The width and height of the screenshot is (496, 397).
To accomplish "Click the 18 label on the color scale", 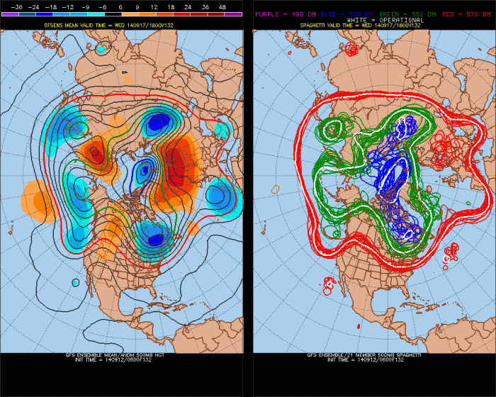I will coord(171,5).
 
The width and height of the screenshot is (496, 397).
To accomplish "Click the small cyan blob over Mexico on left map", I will coord(75,282).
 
